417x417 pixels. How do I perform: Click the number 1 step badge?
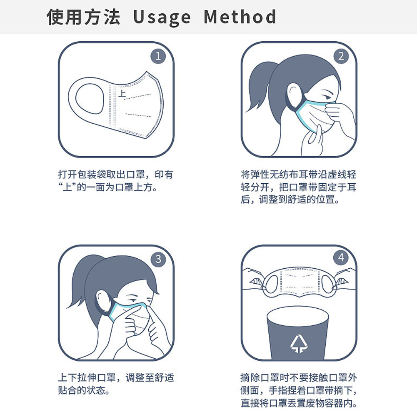click(x=158, y=56)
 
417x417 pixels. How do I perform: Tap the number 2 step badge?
click(x=341, y=56)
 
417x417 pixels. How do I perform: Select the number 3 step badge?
click(x=158, y=259)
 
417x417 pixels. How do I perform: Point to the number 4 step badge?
click(x=341, y=257)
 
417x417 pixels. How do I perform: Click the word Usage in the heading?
click(x=162, y=18)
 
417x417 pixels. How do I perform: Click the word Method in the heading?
click(x=240, y=17)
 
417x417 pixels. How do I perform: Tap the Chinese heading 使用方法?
click(x=83, y=17)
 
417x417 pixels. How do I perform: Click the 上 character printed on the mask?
click(x=122, y=93)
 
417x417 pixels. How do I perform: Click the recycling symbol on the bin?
click(x=299, y=344)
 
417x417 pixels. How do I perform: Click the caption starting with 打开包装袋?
click(x=116, y=181)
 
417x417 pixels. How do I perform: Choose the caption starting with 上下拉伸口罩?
click(x=116, y=384)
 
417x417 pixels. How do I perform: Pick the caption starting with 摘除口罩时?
click(x=299, y=390)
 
